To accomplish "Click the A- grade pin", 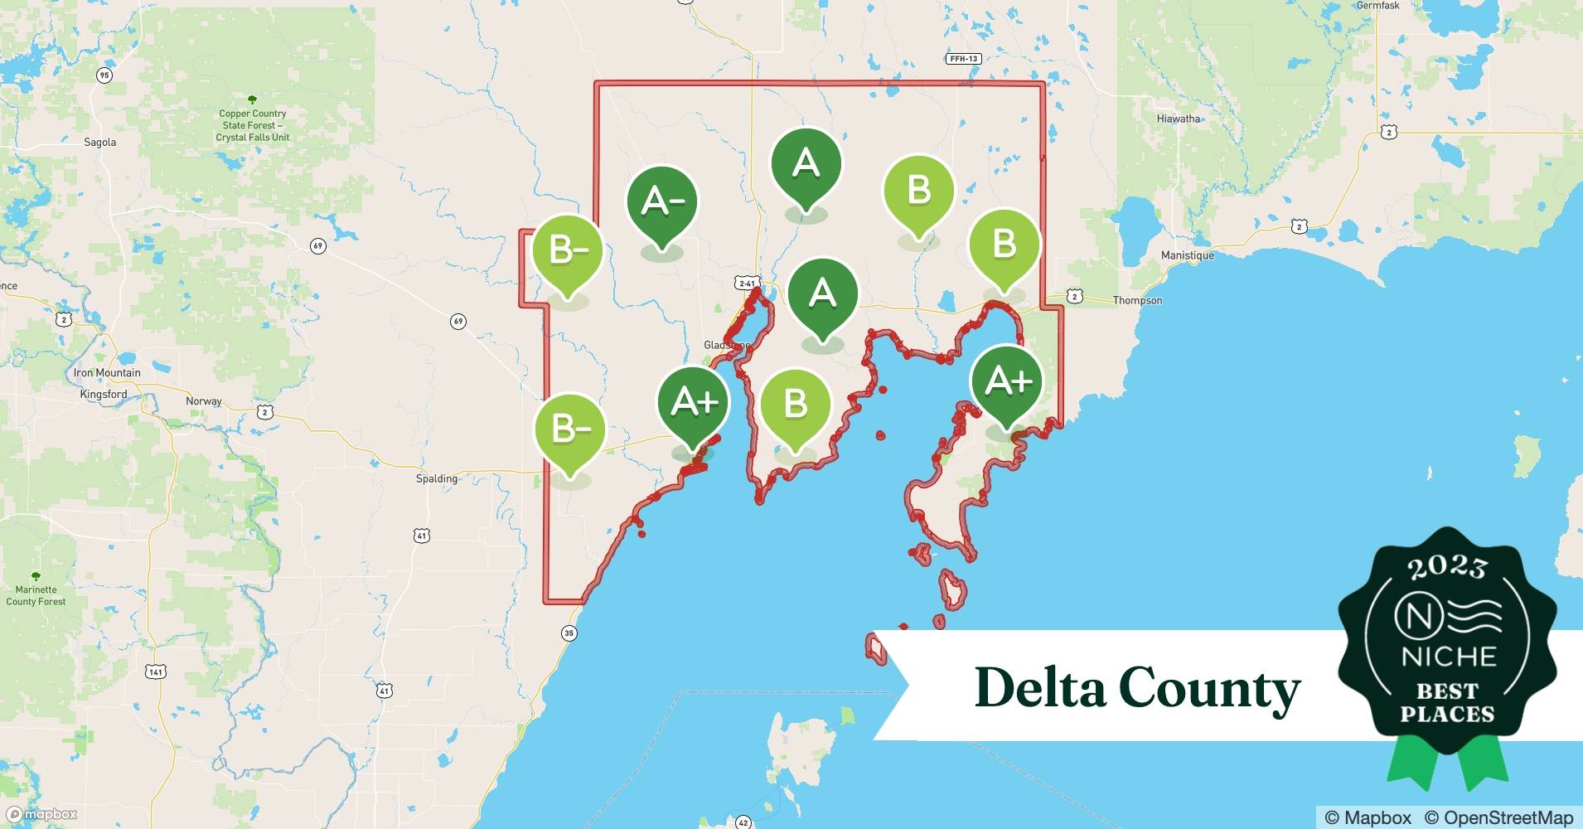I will pos(661,201).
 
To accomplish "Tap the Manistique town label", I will pos(1187,255).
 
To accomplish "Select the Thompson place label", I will pos(1137,300).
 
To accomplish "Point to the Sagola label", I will pos(100,142).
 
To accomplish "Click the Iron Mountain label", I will pos(107,373).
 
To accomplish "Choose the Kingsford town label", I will pos(104,395).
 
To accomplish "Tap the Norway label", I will pos(204,401).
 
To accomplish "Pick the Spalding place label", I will pos(437,478).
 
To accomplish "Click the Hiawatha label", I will pos(1178,119).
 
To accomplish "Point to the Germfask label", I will pos(1377,6).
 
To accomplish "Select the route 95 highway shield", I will pos(104,75).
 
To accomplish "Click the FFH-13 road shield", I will pos(963,59).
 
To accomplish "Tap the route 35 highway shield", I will pos(569,633).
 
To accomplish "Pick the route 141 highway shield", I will pos(157,671).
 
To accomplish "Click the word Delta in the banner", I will pos(1040,687).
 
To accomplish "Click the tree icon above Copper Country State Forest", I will pos(252,99).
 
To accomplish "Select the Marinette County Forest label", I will pos(36,595).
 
